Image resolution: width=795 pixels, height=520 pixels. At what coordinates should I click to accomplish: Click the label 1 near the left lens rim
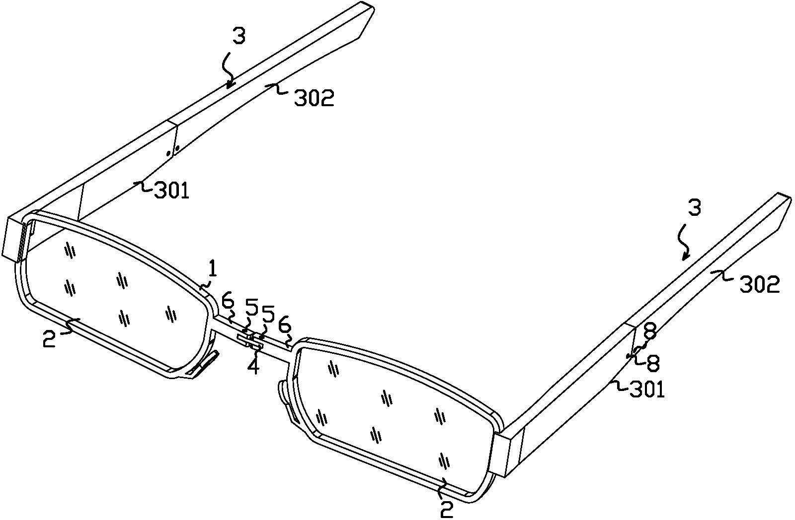213,270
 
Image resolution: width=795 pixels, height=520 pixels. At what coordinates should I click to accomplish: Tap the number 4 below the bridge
253,366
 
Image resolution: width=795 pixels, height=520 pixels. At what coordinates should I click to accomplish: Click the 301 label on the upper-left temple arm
171,191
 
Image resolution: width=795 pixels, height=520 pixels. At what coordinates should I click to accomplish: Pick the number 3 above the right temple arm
695,208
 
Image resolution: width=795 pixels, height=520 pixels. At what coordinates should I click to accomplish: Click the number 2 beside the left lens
49,338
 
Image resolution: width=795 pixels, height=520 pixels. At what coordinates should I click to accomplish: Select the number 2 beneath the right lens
447,509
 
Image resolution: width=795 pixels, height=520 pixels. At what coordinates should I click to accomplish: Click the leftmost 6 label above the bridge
228,302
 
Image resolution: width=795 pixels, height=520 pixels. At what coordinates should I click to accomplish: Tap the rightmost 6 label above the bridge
285,326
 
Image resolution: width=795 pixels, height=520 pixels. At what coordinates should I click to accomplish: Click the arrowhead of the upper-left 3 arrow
230,85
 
